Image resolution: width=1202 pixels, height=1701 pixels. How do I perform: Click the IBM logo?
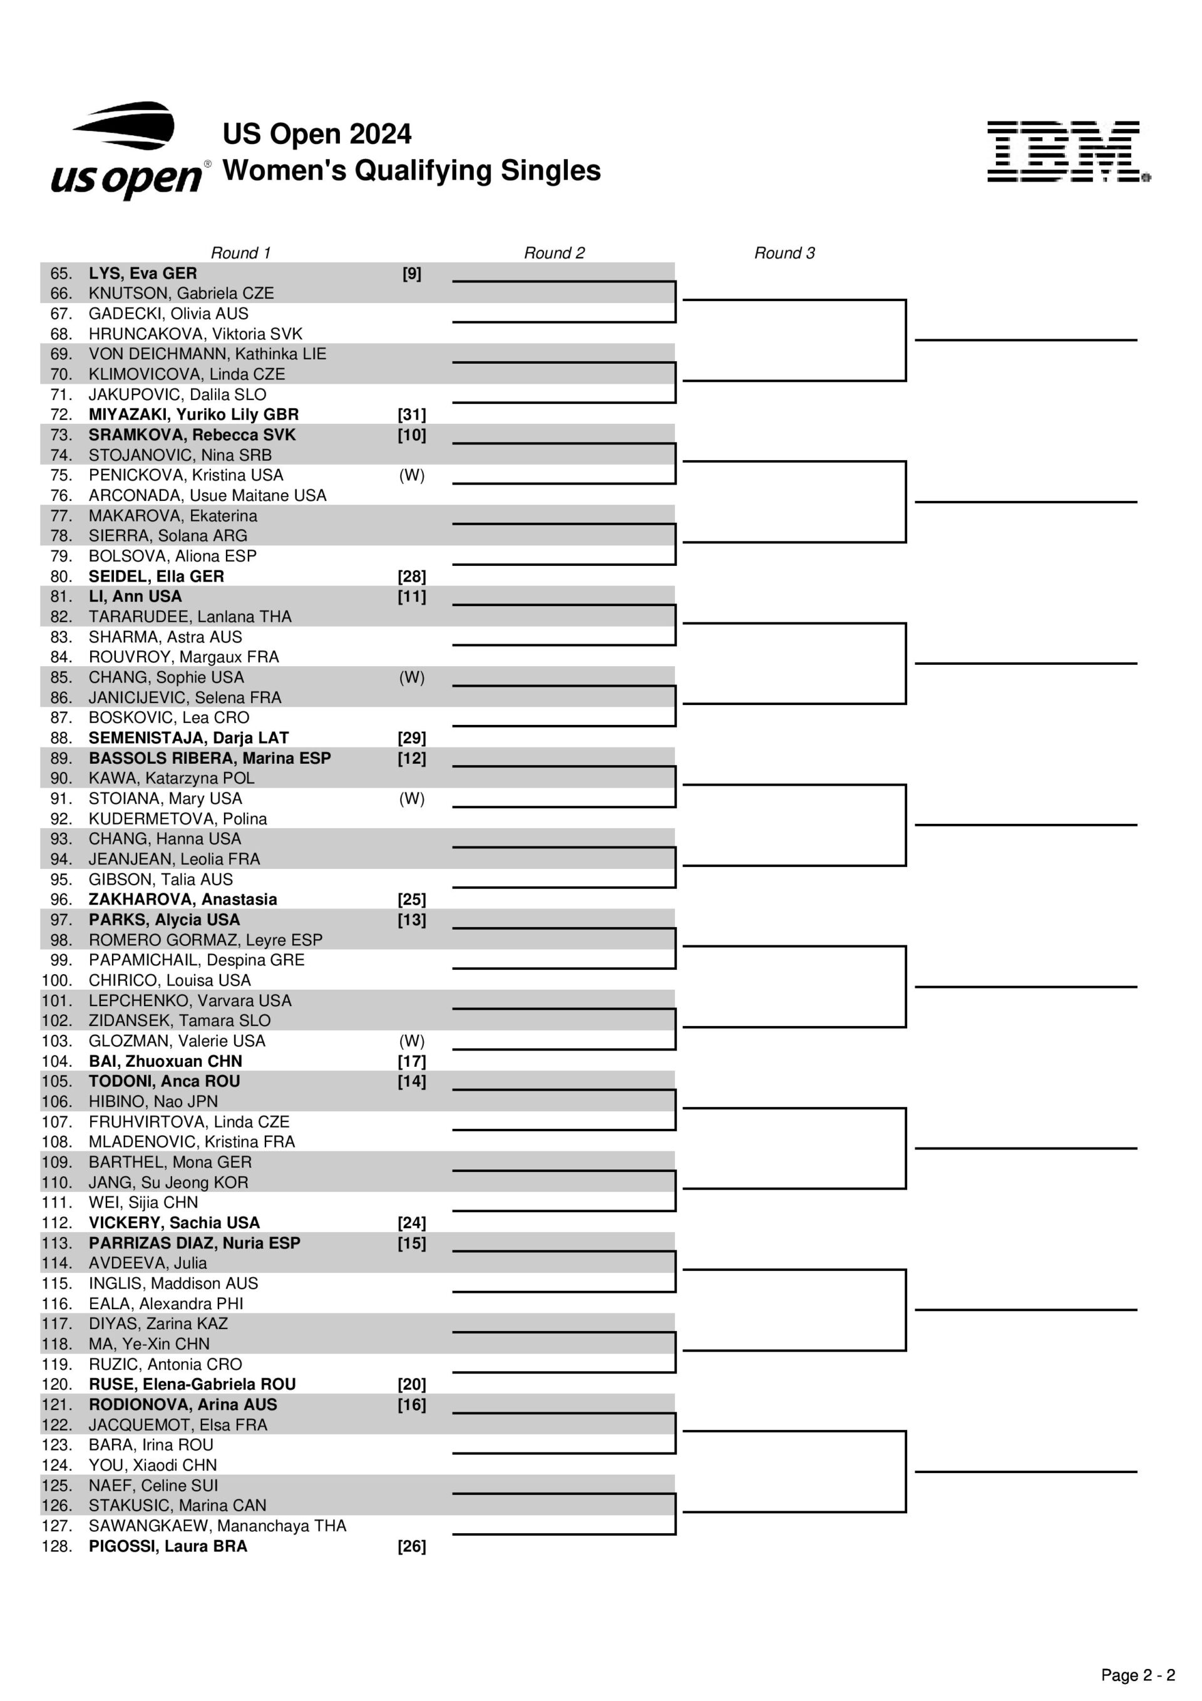[x=1068, y=152]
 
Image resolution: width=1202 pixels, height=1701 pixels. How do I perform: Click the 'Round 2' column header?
[x=553, y=253]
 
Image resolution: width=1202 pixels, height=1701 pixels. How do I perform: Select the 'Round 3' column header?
[x=784, y=253]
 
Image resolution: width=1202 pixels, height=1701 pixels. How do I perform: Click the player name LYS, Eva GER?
[x=143, y=274]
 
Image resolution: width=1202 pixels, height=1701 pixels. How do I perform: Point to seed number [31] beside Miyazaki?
[x=411, y=415]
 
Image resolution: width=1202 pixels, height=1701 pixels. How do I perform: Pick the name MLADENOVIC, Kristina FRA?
[x=191, y=1142]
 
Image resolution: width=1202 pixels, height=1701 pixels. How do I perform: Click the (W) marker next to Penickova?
[x=411, y=475]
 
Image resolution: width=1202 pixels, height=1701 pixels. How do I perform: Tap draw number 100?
[x=56, y=980]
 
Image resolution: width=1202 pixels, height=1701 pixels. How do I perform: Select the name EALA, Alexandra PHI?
[x=166, y=1303]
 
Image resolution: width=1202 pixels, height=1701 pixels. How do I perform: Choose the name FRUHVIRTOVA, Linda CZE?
[x=189, y=1122]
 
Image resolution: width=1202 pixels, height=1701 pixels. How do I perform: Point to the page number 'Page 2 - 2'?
[x=1138, y=1675]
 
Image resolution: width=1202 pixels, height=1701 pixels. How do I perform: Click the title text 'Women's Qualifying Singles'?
[x=411, y=170]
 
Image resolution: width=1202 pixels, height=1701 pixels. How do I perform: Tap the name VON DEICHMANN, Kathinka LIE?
[x=207, y=354]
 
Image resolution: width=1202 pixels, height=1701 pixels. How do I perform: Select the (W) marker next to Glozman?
[x=411, y=1041]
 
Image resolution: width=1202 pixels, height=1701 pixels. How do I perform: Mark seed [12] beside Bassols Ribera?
[x=411, y=758]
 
